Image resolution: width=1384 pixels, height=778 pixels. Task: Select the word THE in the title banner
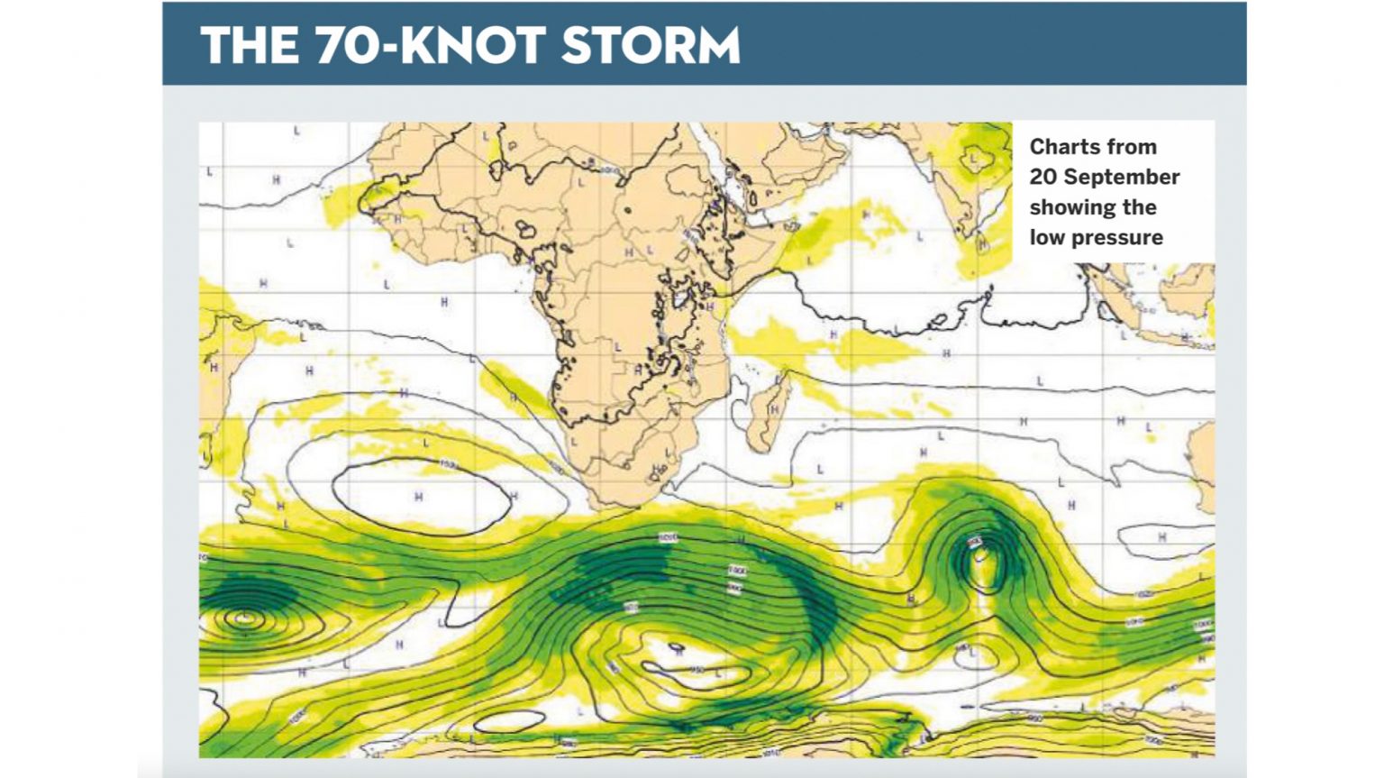click(x=250, y=46)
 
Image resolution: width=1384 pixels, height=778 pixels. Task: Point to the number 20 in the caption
click(x=1043, y=177)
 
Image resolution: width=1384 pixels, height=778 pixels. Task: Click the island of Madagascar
click(x=769, y=415)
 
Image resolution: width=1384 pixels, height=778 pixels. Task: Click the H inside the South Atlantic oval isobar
click(x=418, y=497)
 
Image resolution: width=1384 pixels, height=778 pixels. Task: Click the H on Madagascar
click(x=773, y=410)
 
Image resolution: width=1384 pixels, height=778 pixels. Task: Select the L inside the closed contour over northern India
click(x=973, y=160)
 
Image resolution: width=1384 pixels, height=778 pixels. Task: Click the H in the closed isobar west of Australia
click(x=1161, y=537)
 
